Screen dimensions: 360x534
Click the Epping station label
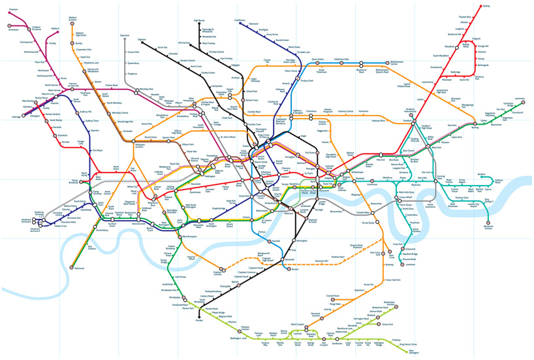coord(486,6)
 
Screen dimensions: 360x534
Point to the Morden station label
coord(199,321)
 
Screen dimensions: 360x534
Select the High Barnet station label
coord(200,21)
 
